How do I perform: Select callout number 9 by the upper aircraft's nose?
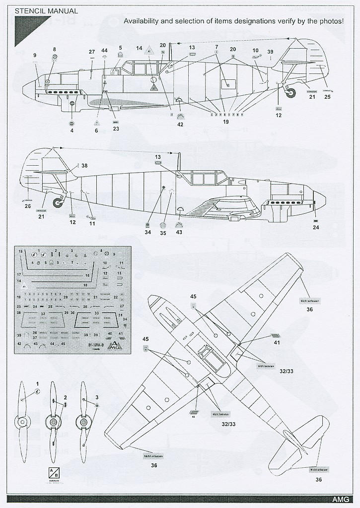point(35,55)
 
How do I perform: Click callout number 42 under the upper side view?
point(180,124)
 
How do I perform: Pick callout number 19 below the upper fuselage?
point(226,121)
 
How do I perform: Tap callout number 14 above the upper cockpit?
point(140,48)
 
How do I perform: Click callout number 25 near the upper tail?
point(327,97)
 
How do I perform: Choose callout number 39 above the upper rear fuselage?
point(270,52)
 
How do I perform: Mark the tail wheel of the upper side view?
point(290,92)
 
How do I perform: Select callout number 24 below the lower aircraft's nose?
point(316,228)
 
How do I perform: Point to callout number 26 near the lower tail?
point(28,206)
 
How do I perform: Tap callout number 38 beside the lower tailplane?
point(84,166)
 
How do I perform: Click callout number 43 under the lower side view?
point(179,232)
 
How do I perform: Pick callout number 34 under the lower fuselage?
point(148,232)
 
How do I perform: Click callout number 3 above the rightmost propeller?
point(97,397)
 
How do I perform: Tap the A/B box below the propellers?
point(53,472)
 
